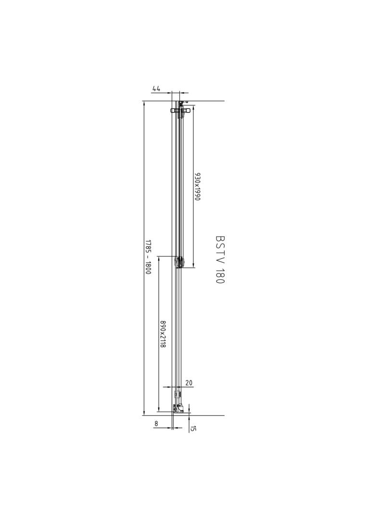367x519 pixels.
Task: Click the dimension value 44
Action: pyautogui.click(x=156, y=89)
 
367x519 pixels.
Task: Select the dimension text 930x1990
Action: pyautogui.click(x=198, y=186)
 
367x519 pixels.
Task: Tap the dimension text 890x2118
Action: pyautogui.click(x=162, y=334)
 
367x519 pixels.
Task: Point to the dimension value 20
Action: pyautogui.click(x=189, y=383)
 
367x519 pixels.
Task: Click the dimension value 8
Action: pyautogui.click(x=156, y=423)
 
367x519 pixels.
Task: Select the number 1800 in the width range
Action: pyautogui.click(x=148, y=268)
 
